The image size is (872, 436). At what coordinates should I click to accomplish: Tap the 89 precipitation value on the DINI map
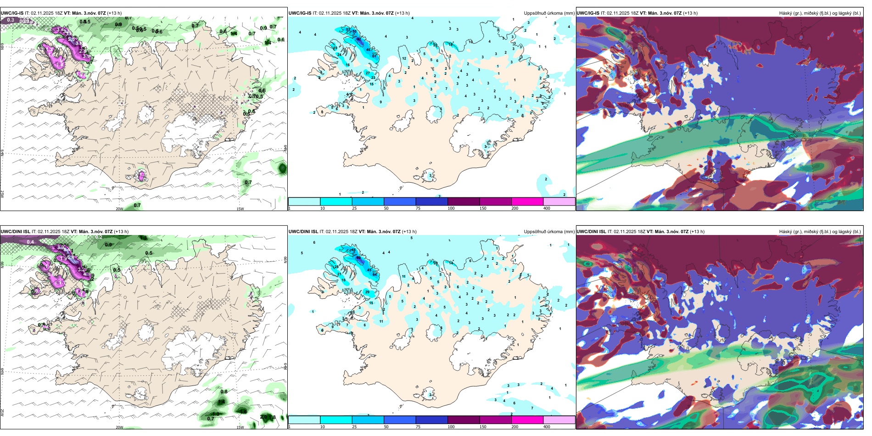pyautogui.click(x=358, y=258)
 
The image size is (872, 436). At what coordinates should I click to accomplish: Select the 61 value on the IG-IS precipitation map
pyautogui.click(x=375, y=56)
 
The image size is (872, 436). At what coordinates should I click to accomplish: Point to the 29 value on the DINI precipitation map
pyautogui.click(x=367, y=292)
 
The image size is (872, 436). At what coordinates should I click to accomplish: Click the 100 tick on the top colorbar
pyautogui.click(x=451, y=208)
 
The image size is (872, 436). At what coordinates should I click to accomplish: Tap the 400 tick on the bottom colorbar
pyautogui.click(x=547, y=427)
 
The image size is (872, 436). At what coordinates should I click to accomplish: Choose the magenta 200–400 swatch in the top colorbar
pyautogui.click(x=527, y=201)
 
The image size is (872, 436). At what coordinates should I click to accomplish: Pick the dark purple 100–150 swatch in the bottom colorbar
pyautogui.click(x=464, y=420)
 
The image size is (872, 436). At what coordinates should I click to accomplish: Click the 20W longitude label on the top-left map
pyautogui.click(x=119, y=209)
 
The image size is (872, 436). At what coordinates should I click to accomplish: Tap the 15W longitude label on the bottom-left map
pyautogui.click(x=240, y=427)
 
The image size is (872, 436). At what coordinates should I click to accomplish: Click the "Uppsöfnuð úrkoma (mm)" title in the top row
pyautogui.click(x=549, y=13)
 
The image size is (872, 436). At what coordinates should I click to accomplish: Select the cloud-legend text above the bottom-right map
pyautogui.click(x=820, y=232)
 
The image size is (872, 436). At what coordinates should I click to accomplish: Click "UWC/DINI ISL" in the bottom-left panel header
pyautogui.click(x=15, y=232)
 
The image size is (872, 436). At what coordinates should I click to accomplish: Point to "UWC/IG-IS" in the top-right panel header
pyautogui.click(x=588, y=13)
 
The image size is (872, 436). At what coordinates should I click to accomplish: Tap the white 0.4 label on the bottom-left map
pyautogui.click(x=30, y=242)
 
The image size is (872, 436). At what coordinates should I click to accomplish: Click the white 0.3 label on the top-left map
pyautogui.click(x=11, y=20)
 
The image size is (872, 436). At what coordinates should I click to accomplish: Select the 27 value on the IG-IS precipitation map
pyautogui.click(x=368, y=73)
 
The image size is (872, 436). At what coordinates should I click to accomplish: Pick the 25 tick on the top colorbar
pyautogui.click(x=354, y=208)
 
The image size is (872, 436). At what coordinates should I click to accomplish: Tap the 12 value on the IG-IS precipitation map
pyautogui.click(x=404, y=59)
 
